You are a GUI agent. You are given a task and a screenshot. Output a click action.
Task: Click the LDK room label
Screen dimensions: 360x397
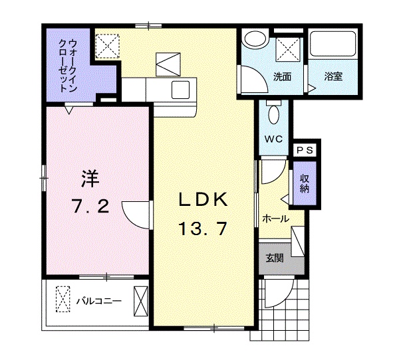(x=203, y=199)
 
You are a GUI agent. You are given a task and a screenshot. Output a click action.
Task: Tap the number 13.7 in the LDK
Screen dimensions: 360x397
(x=203, y=229)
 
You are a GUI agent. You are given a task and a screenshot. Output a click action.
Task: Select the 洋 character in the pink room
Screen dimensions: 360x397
(x=90, y=178)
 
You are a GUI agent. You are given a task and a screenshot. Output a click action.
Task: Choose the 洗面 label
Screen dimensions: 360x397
(x=283, y=76)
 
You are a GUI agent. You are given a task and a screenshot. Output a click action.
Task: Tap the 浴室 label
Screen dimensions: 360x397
(x=333, y=76)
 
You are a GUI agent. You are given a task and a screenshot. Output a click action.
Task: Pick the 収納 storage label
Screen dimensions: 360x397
(x=304, y=183)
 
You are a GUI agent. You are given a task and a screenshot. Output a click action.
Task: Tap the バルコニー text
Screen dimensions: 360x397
(x=98, y=301)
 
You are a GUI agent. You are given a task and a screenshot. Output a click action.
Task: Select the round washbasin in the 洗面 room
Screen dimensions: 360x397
(x=253, y=40)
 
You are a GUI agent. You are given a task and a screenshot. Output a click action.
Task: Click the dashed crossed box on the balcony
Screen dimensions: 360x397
(x=63, y=300)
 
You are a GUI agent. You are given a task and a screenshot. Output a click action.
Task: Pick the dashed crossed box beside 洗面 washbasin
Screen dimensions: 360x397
(x=289, y=48)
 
